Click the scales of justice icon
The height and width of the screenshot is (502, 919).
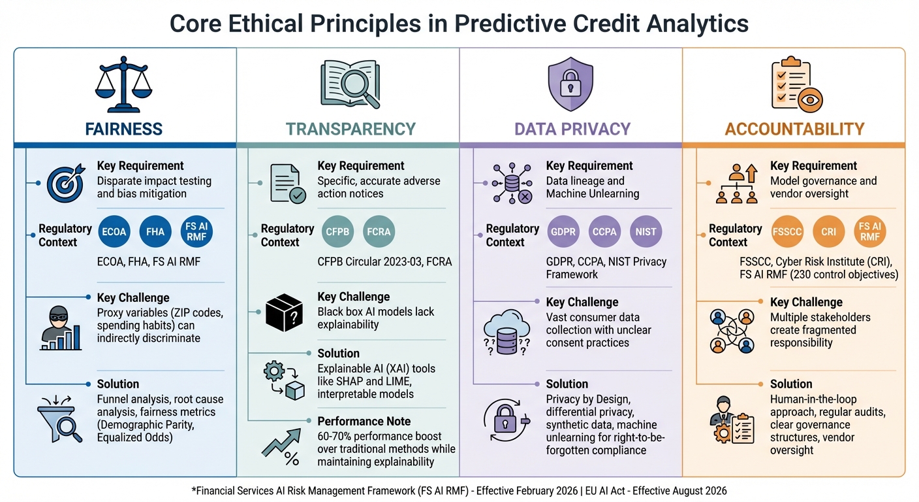pos(123,83)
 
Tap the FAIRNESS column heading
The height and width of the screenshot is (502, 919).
pos(124,129)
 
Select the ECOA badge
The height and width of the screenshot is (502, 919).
pos(114,231)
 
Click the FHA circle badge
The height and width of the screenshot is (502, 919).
pos(155,231)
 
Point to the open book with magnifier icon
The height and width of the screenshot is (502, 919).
pos(350,83)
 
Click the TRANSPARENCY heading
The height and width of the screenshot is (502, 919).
pos(350,129)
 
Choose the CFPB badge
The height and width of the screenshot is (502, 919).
pos(337,231)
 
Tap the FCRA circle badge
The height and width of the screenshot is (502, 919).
pos(379,231)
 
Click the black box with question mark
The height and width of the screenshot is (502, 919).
pos(285,313)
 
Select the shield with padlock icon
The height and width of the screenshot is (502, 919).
pos(571,83)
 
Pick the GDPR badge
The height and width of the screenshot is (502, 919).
pos(563,231)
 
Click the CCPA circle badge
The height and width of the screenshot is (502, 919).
pos(604,231)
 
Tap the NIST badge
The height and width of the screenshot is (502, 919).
pos(646,231)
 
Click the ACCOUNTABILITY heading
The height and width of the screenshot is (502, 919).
pos(794,129)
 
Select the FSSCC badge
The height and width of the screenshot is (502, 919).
pos(787,231)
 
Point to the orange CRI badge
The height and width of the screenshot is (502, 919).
pos(829,231)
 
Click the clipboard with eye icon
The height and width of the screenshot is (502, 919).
pos(796,83)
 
